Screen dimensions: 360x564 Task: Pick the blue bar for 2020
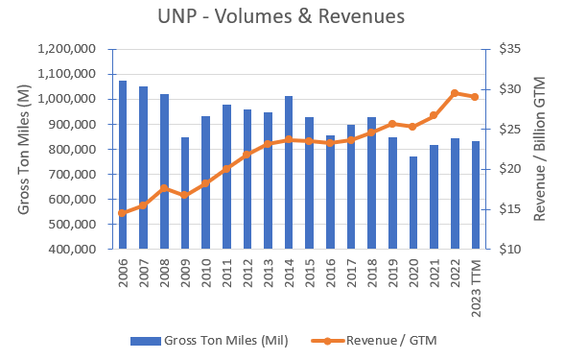click(x=413, y=203)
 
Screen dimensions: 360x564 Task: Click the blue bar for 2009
click(x=184, y=193)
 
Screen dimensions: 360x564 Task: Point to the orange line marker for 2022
click(x=455, y=93)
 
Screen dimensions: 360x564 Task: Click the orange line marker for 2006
click(x=122, y=213)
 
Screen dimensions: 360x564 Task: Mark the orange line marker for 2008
click(x=164, y=188)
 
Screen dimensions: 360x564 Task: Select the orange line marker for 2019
click(x=392, y=124)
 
